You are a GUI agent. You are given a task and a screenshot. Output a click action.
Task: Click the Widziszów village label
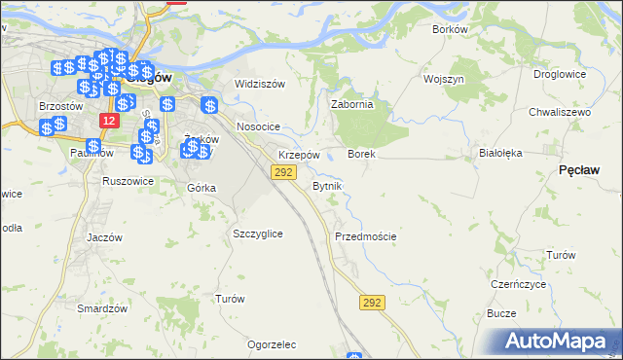(x=260, y=84)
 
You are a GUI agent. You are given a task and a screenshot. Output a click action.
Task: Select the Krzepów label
(x=299, y=156)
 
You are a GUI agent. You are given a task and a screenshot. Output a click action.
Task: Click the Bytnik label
(x=326, y=186)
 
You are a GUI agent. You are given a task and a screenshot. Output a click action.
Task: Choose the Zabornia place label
(x=352, y=105)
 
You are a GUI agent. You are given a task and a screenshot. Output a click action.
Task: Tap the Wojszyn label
(x=443, y=78)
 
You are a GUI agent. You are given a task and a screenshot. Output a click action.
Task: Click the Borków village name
(x=450, y=29)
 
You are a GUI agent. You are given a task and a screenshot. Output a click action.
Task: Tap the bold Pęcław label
(x=579, y=170)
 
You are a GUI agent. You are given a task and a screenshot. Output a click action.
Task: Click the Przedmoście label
(x=365, y=236)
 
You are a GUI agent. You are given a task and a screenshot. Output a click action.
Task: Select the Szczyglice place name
(x=258, y=234)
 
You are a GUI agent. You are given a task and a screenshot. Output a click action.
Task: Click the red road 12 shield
(x=109, y=120)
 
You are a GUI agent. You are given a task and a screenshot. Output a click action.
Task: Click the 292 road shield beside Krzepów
(x=282, y=172)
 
